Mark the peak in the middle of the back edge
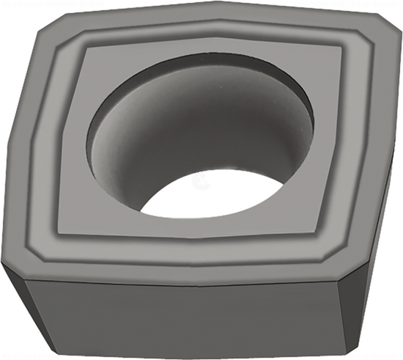(216, 9)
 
